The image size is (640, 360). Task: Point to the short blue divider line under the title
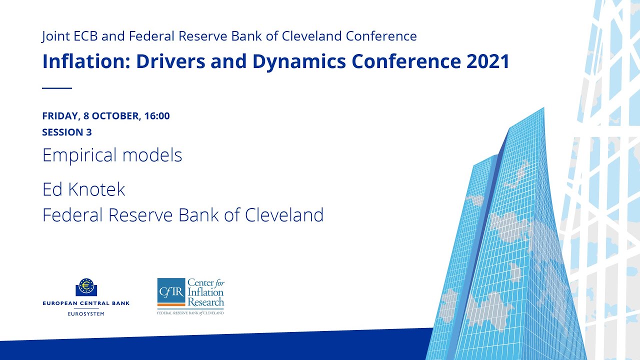57,88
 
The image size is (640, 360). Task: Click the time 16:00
157,116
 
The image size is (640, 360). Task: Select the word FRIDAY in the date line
59,116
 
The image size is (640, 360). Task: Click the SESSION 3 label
67,132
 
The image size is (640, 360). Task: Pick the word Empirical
79,155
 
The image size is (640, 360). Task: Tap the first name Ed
52,189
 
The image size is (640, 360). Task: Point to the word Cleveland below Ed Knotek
284,215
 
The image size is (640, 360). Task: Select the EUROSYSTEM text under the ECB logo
86,313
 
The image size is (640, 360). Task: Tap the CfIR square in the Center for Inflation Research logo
171,292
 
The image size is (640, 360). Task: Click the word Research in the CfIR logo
205,302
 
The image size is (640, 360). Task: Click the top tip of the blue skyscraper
542,108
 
